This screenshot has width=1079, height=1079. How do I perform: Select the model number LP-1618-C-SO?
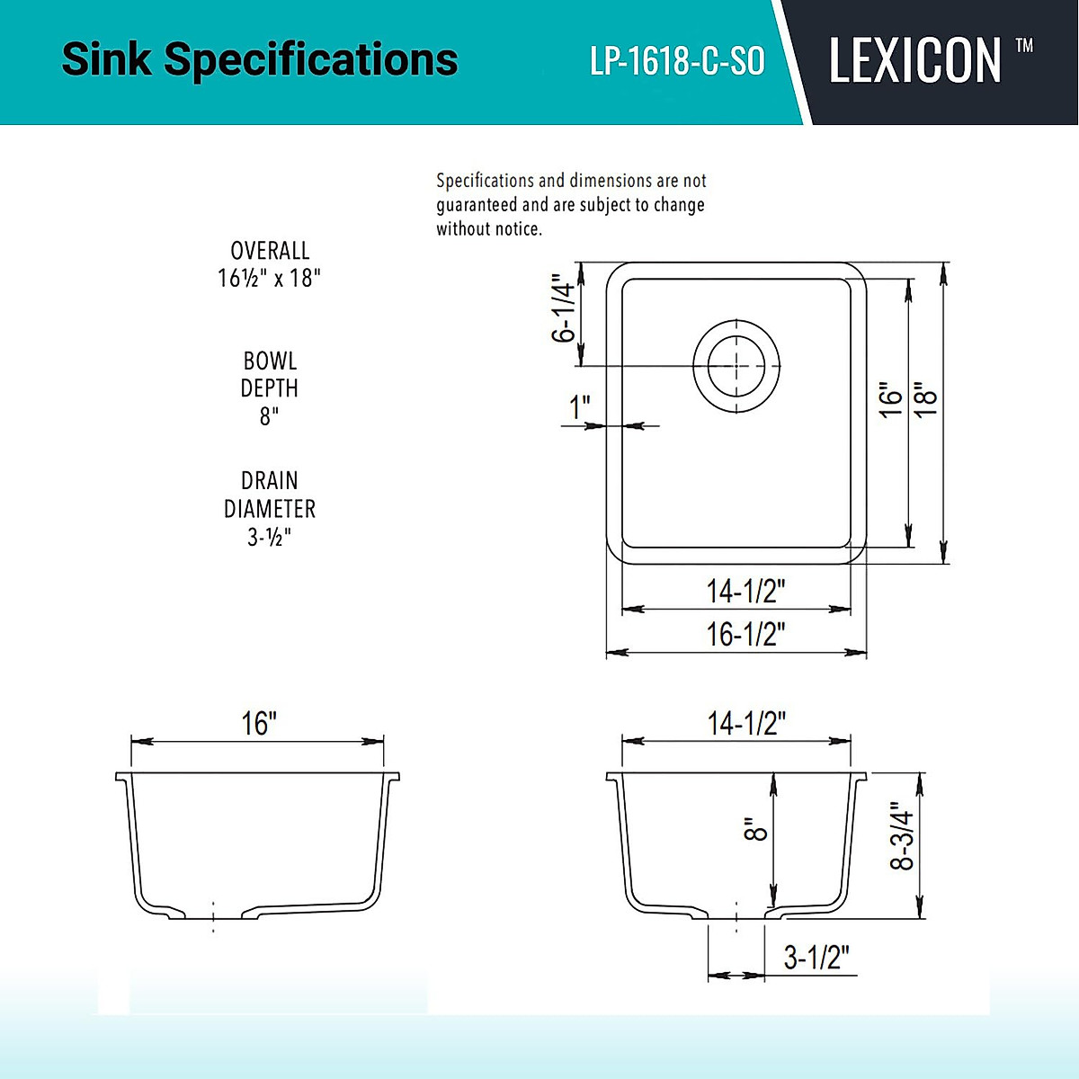click(677, 61)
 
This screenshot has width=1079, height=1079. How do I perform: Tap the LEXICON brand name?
click(914, 61)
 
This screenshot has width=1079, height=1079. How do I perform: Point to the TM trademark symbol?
click(1024, 46)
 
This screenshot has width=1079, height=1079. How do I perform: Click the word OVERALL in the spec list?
click(270, 251)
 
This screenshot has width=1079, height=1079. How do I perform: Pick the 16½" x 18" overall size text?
click(269, 278)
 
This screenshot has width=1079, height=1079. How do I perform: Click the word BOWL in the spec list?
click(270, 361)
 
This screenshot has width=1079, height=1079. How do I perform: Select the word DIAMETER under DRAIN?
click(270, 509)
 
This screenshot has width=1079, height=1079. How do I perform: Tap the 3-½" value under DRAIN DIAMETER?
click(270, 537)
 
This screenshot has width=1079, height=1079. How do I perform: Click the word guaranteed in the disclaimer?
click(477, 205)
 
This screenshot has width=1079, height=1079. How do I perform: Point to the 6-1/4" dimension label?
click(563, 308)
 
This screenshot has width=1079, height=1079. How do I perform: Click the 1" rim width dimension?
click(580, 407)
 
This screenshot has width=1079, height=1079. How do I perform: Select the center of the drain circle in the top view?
click(736, 366)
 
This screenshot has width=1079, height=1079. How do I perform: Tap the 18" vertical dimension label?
click(926, 398)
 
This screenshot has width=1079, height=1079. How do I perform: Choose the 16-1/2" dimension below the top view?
click(745, 634)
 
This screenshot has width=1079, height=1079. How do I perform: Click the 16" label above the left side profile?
click(258, 723)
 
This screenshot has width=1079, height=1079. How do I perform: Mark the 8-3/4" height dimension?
click(902, 835)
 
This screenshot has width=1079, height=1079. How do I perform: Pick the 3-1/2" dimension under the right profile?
click(816, 957)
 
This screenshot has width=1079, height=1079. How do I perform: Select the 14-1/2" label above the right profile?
click(746, 723)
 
